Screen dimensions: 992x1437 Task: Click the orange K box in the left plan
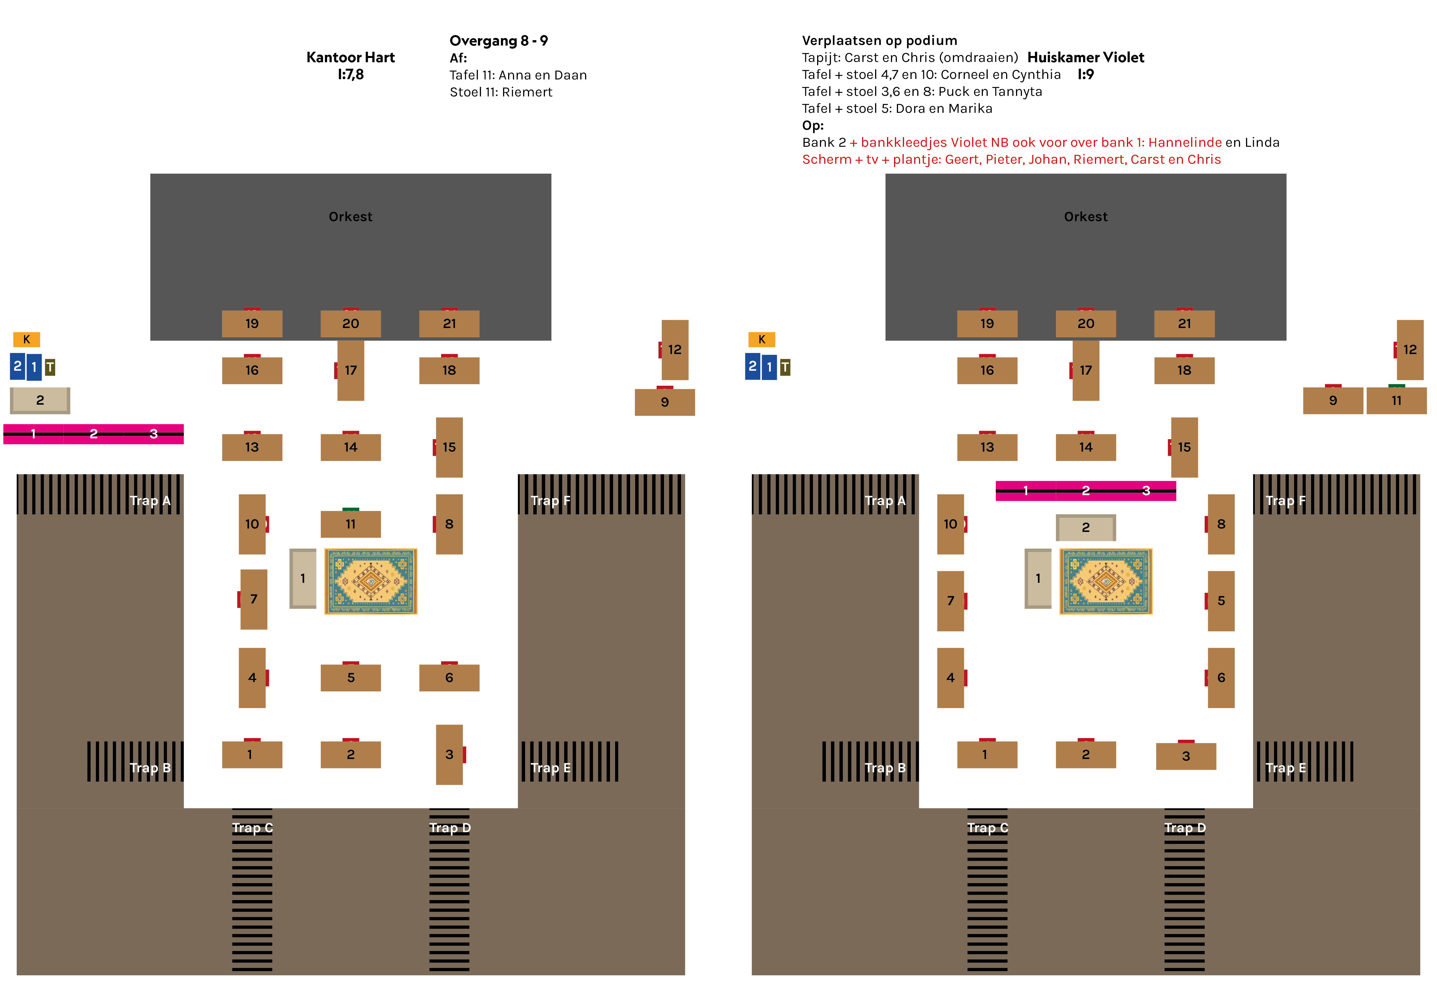point(26,339)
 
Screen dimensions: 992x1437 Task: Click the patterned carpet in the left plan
point(371,581)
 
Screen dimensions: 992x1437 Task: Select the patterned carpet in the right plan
point(1106,581)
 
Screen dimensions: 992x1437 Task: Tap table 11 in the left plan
point(351,524)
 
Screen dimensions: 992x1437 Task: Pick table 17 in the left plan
point(351,370)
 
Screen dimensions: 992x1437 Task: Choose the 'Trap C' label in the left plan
point(252,828)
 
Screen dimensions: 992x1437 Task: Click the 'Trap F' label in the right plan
point(1285,501)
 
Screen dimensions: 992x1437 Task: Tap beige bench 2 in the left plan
point(40,400)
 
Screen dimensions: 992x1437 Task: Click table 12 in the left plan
point(675,349)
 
